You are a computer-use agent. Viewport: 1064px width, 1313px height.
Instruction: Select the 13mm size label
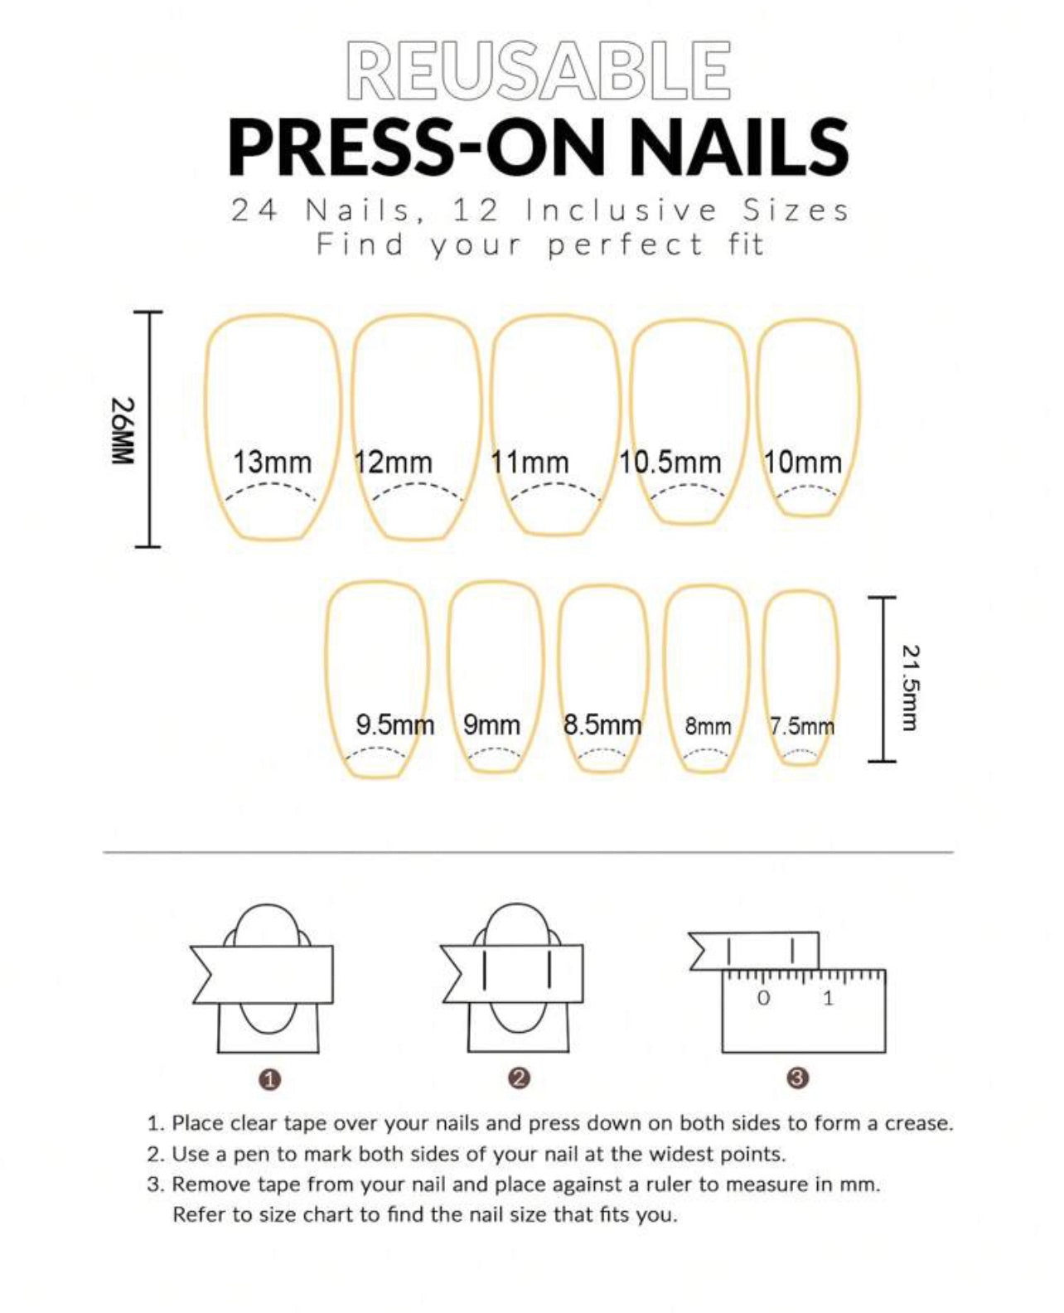click(x=272, y=462)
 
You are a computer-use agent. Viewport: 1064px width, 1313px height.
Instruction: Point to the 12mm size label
click(x=394, y=462)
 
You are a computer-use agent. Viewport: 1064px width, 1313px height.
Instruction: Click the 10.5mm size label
click(x=670, y=462)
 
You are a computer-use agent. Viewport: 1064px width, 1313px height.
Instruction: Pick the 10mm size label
click(x=802, y=462)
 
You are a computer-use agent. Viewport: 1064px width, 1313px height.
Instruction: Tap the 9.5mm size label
click(x=394, y=725)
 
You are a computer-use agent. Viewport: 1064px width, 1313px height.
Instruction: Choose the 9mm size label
click(x=491, y=725)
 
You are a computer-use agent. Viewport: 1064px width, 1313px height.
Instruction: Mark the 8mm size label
click(x=708, y=727)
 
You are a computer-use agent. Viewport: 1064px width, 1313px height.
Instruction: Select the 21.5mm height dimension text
click(x=910, y=688)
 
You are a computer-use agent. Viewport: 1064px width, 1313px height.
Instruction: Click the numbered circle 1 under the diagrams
click(x=270, y=1079)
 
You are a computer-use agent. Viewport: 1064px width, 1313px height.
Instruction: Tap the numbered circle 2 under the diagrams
click(x=520, y=1078)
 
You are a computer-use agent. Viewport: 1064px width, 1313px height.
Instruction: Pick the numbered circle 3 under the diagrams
click(x=797, y=1078)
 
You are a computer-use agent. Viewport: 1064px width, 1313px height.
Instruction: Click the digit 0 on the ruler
click(x=764, y=998)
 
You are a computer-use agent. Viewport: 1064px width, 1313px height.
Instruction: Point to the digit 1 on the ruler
click(x=828, y=998)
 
